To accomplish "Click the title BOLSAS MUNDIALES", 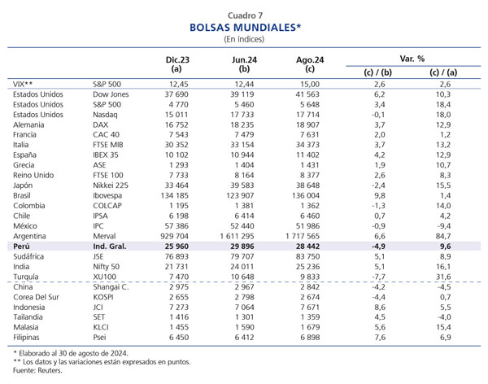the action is coord(246,28).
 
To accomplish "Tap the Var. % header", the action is coord(412,59).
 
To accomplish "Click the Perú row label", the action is coord(21,247).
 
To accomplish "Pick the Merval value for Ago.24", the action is coord(303,236).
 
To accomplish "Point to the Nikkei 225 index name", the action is coord(111,185).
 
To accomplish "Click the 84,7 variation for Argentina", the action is coord(443,236).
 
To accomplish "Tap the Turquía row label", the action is coord(26,277).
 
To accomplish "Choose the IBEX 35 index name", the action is coord(106,155).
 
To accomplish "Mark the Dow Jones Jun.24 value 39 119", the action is coord(242,94).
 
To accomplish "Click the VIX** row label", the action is coord(23,84).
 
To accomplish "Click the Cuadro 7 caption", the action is coord(246,15).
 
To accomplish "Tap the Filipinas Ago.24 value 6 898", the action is coord(310,338).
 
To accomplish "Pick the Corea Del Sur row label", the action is coord(36,297).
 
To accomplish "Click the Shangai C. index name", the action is coord(111,287).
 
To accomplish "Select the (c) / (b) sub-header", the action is coord(378,72).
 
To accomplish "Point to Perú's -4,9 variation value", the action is coord(378,247).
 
